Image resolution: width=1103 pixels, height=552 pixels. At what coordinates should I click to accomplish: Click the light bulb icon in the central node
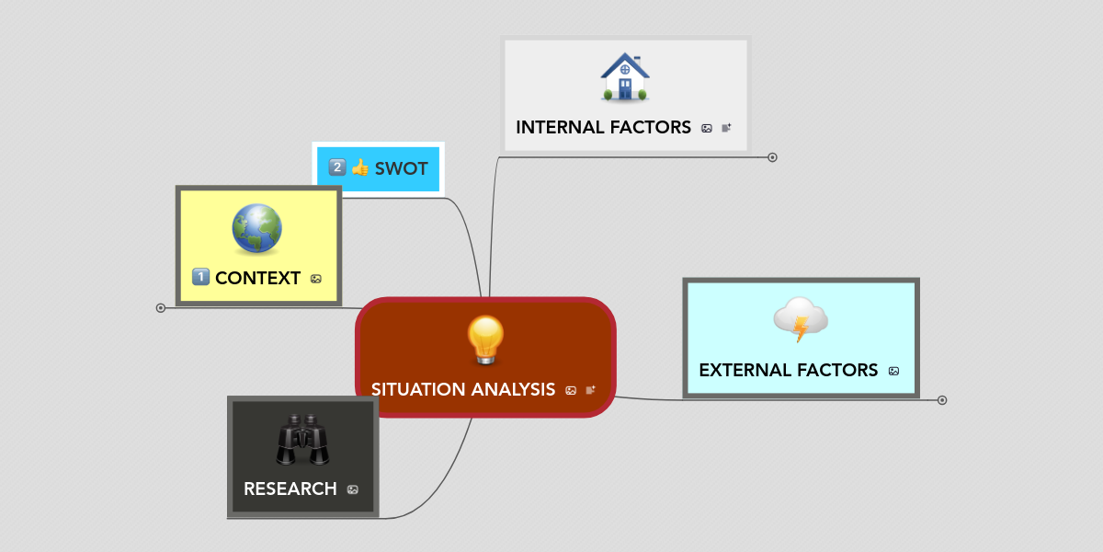point(485,340)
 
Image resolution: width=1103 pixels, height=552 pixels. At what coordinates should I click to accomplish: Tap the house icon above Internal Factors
point(625,77)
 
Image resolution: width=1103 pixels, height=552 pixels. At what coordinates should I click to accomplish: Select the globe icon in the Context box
point(257,228)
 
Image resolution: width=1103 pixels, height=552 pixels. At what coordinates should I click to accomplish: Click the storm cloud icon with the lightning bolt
point(802,319)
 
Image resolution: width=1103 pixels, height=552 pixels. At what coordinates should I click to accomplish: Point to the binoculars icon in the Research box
point(302,440)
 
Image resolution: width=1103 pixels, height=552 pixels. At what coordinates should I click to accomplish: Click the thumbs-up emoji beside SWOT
point(360,167)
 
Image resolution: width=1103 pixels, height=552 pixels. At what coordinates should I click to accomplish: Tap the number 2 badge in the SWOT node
point(337,167)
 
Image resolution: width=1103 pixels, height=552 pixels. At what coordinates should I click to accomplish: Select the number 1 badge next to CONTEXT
point(200,277)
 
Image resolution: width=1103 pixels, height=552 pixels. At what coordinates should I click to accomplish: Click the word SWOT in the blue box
point(402,168)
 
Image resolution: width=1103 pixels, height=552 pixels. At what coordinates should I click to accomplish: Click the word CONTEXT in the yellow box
point(257,279)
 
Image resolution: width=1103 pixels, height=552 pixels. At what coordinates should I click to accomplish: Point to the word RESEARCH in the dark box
point(290,489)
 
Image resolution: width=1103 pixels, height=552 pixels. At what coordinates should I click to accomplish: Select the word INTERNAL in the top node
point(559,128)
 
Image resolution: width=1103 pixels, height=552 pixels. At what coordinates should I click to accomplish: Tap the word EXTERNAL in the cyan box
point(743,370)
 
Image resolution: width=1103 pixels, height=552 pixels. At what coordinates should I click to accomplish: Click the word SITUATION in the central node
point(417,389)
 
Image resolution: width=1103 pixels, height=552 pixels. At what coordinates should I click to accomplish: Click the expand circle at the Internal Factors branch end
point(773,157)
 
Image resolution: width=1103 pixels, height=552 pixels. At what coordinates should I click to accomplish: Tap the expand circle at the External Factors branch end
point(942,400)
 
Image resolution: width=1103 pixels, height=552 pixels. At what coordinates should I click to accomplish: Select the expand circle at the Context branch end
point(161,308)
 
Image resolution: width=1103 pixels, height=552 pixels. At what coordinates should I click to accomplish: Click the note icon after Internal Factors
point(726,128)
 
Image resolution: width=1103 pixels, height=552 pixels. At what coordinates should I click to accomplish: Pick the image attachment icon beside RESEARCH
point(353,489)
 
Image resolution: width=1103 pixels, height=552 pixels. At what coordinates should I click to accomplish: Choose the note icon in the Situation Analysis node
point(590,390)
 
